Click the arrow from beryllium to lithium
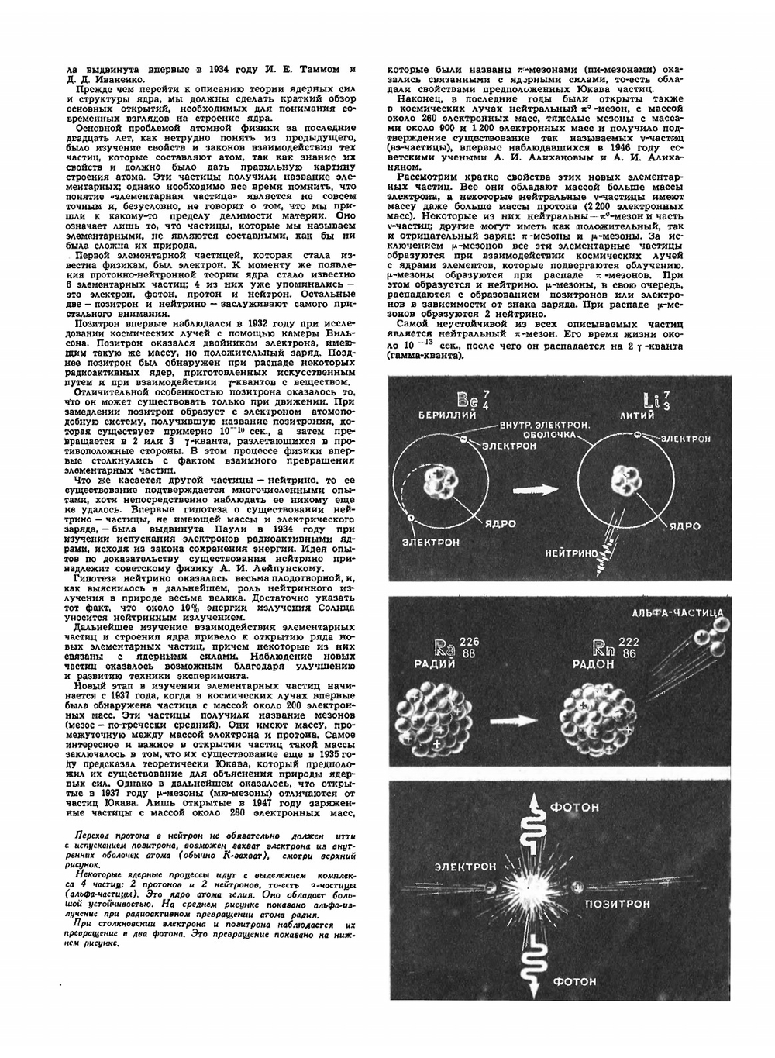(537, 490)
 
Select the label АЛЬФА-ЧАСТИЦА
(678, 613)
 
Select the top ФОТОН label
(574, 808)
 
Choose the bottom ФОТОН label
(574, 980)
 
